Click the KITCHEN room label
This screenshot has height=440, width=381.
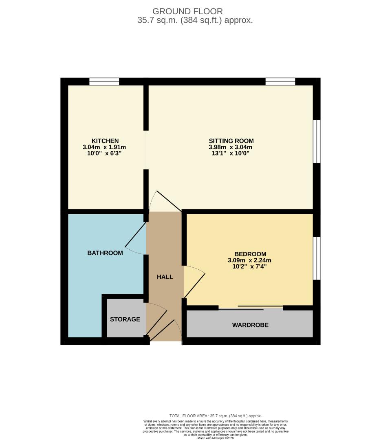point(105,141)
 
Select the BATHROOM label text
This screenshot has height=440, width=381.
point(105,253)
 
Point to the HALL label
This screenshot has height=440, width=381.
point(165,277)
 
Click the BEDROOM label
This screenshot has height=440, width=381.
point(250,254)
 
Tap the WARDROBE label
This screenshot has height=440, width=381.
point(250,325)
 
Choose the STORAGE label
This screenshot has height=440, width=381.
point(125,319)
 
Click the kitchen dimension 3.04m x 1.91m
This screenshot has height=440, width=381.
point(105,147)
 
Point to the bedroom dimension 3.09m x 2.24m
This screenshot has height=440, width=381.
point(250,260)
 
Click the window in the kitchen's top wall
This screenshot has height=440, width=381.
point(104,81)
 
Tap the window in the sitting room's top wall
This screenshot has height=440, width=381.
point(280,81)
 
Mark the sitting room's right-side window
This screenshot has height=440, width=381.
point(317,141)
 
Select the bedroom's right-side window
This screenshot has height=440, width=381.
point(317,258)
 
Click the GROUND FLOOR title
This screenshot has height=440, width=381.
point(187,11)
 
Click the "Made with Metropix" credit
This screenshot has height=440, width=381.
point(215,438)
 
